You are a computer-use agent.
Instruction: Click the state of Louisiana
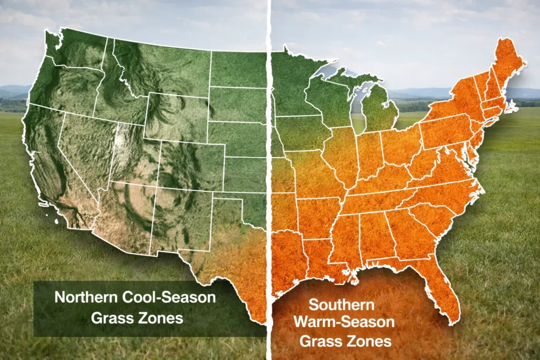click(x=316, y=258)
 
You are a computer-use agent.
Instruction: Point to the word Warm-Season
click(x=345, y=323)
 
